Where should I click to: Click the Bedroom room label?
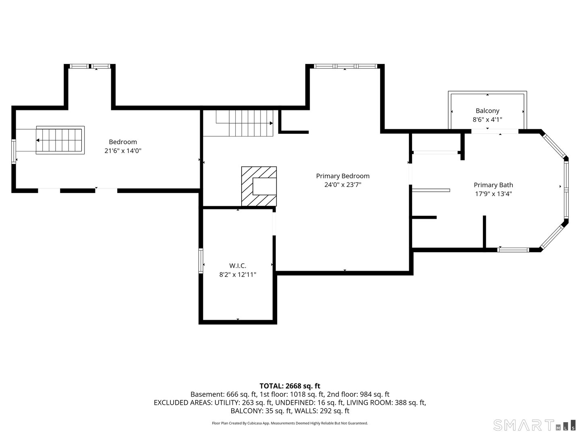[123, 142]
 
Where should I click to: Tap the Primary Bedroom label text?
[342, 176]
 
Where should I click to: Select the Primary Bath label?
[493, 185]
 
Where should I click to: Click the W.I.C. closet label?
[238, 265]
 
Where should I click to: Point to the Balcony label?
[487, 111]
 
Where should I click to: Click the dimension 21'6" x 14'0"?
[123, 151]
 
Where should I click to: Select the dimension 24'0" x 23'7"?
[342, 185]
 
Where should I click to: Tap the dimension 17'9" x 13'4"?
[493, 194]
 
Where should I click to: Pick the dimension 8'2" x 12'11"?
[238, 275]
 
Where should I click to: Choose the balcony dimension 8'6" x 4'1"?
[487, 120]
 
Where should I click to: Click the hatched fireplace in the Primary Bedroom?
[259, 186]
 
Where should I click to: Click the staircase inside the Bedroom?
[60, 140]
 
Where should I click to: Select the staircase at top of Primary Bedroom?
[246, 123]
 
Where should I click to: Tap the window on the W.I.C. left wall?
[201, 261]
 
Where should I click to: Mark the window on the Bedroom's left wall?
[13, 151]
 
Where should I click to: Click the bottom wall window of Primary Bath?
[513, 250]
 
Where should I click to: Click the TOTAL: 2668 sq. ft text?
[290, 386]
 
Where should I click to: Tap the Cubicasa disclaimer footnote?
[290, 423]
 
